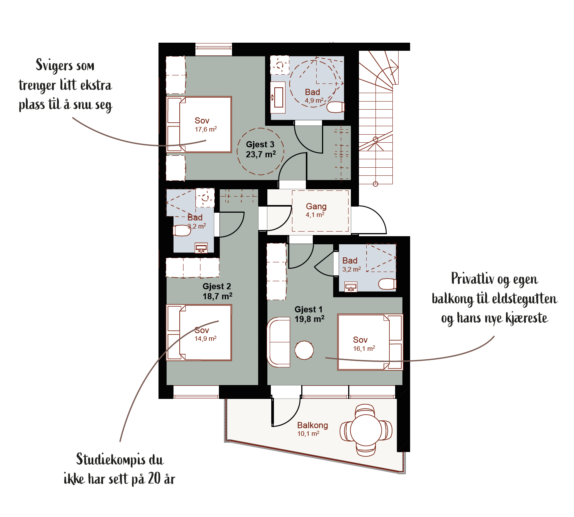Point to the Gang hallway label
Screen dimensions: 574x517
point(316,206)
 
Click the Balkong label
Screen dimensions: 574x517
point(312,425)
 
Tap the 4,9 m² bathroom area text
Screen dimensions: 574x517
point(314,101)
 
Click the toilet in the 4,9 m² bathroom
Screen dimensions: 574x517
point(335,107)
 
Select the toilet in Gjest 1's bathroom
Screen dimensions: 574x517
point(387,284)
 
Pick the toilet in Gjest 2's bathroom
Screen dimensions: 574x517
point(182,230)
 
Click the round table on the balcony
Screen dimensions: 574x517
point(366,430)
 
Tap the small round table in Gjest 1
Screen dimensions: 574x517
point(304,350)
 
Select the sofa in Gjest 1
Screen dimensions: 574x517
point(279,342)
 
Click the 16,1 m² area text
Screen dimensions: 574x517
point(364,349)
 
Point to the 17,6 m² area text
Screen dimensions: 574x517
point(206,129)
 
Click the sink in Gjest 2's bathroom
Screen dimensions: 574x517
point(201,248)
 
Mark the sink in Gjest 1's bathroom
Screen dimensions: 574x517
point(351,287)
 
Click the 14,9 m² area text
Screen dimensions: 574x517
point(205,339)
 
